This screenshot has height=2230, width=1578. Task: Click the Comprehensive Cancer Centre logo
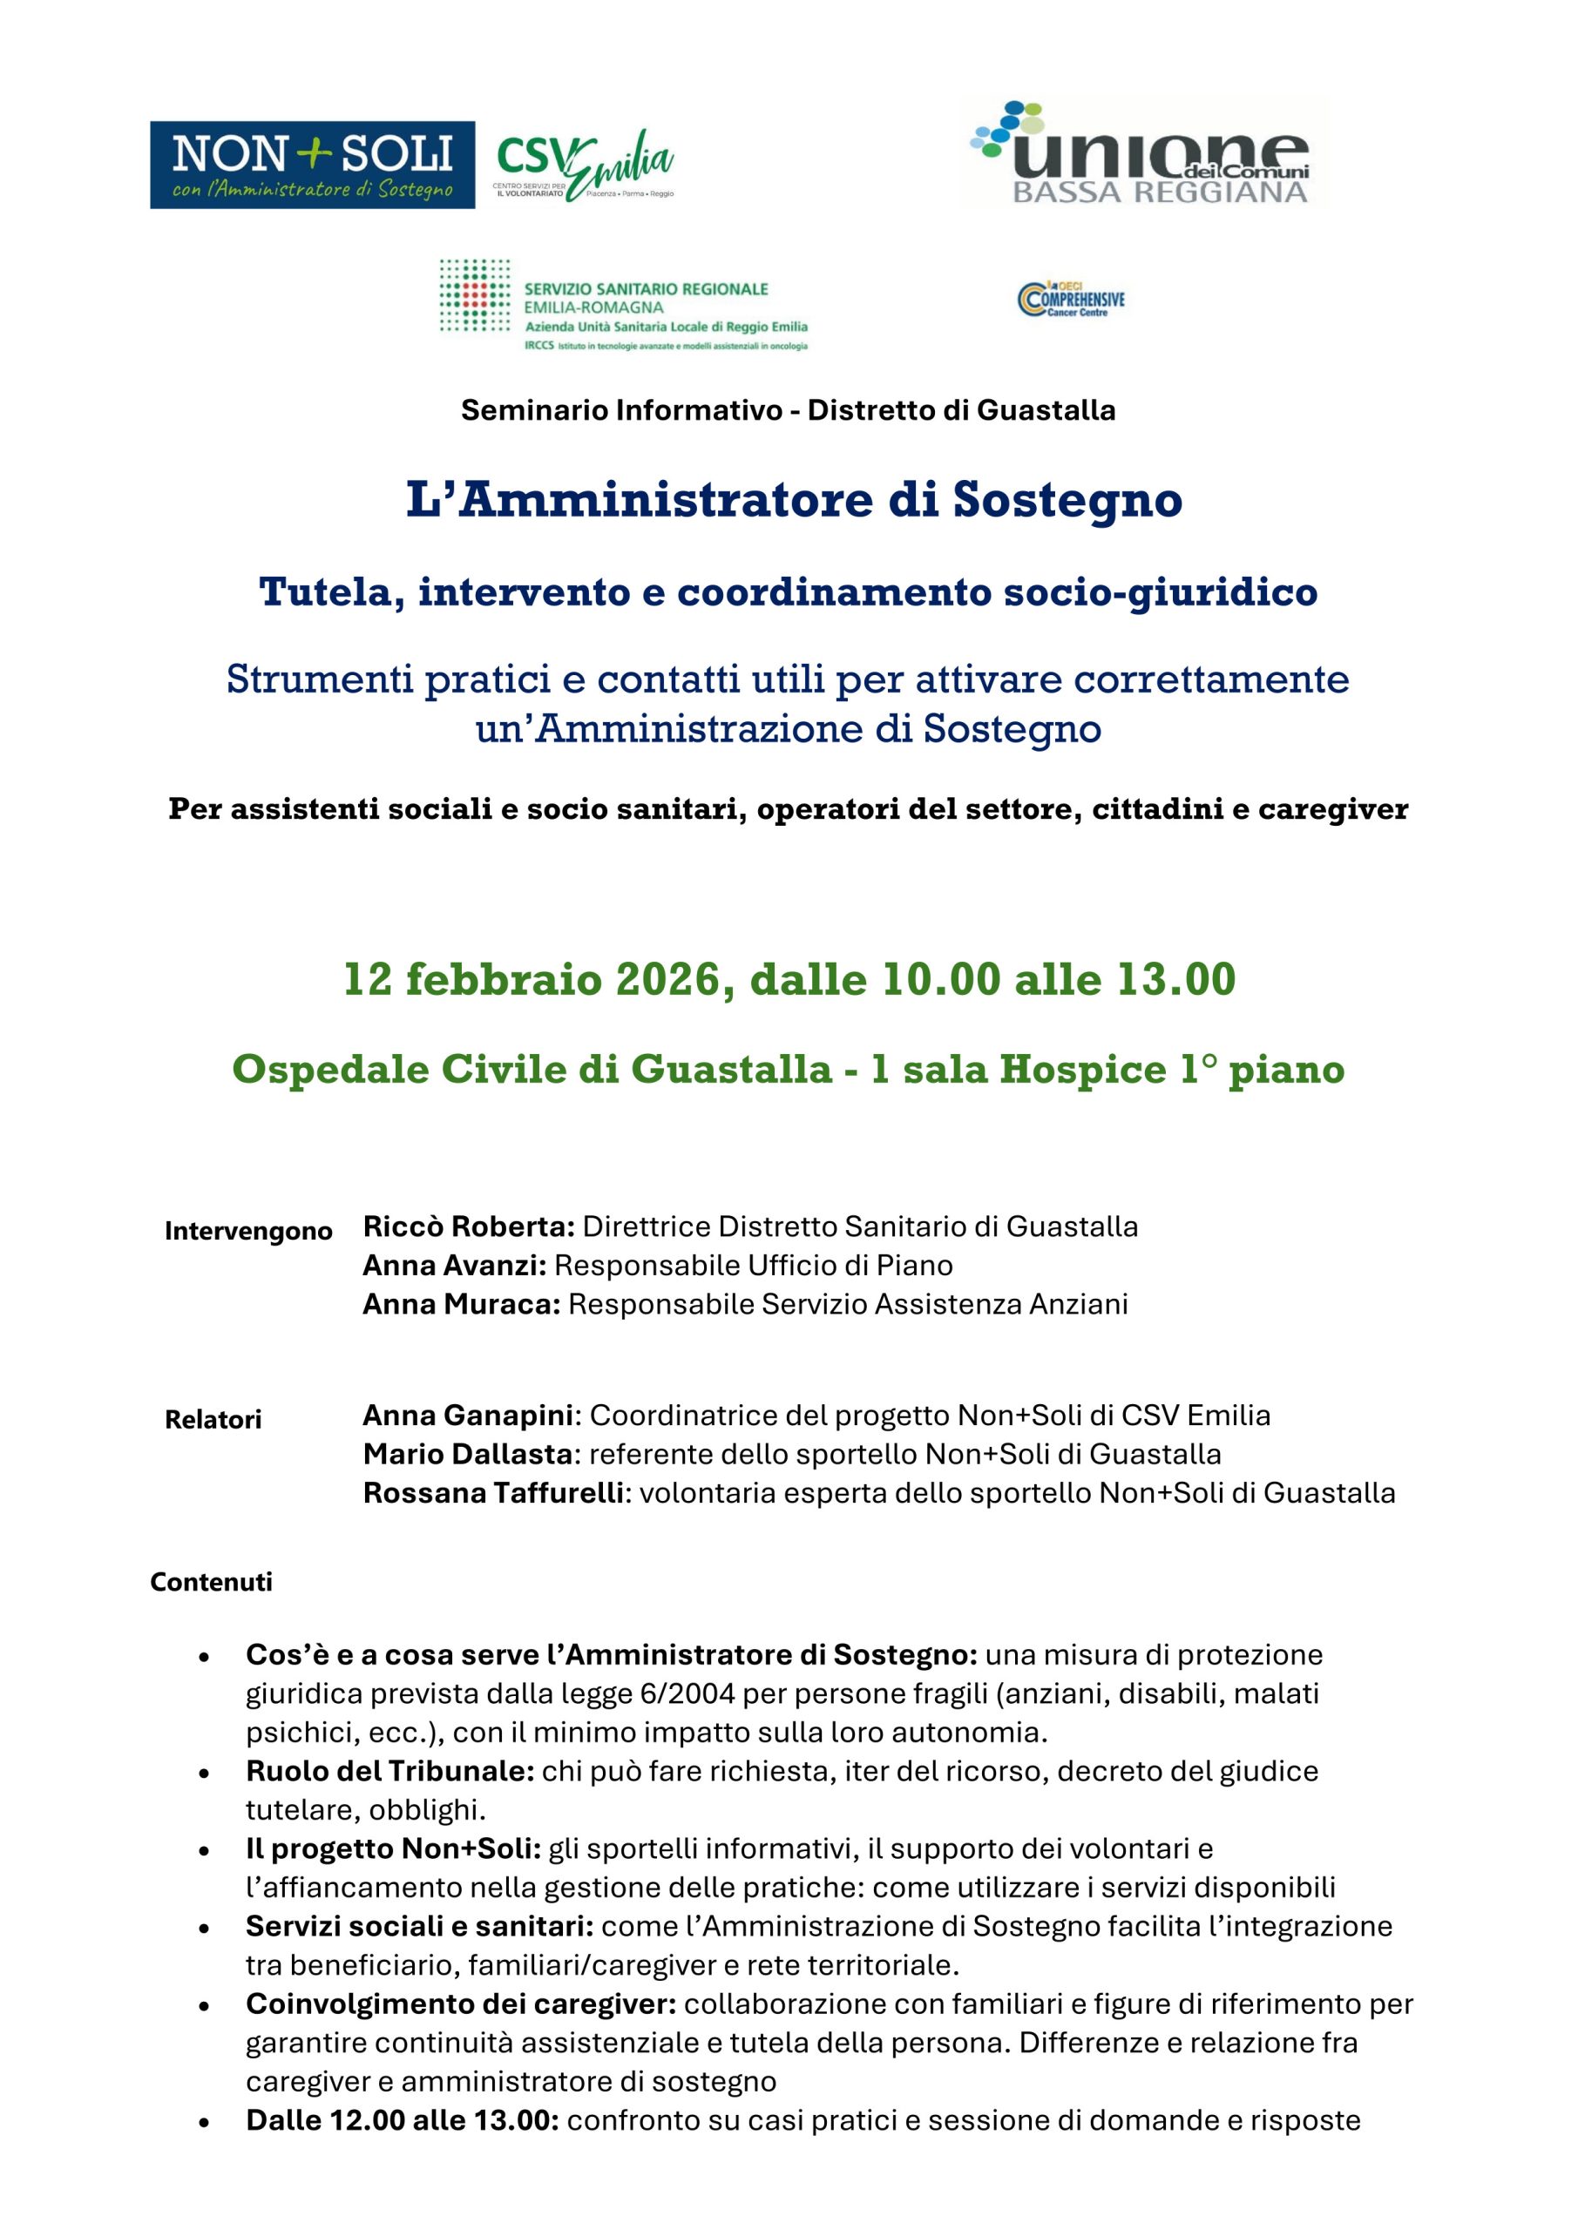(x=1071, y=298)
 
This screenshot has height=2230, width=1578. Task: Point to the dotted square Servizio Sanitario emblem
(x=474, y=296)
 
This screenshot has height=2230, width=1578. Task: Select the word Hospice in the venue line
(x=1082, y=1070)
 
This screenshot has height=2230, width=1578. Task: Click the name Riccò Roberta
(x=469, y=1226)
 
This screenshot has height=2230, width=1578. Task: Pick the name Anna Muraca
(x=462, y=1304)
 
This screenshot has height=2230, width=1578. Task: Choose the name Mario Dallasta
(x=467, y=1454)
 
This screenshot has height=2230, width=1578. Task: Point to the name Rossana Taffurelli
(x=492, y=1493)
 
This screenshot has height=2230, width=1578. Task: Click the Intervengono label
(x=247, y=1232)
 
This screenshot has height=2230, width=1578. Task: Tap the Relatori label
(x=213, y=1420)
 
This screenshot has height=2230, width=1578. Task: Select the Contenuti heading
(x=211, y=1582)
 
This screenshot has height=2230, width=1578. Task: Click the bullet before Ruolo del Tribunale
(x=204, y=1773)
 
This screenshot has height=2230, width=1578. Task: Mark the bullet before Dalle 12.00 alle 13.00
(x=204, y=2121)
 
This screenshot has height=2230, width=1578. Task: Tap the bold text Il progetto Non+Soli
(x=393, y=1848)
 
